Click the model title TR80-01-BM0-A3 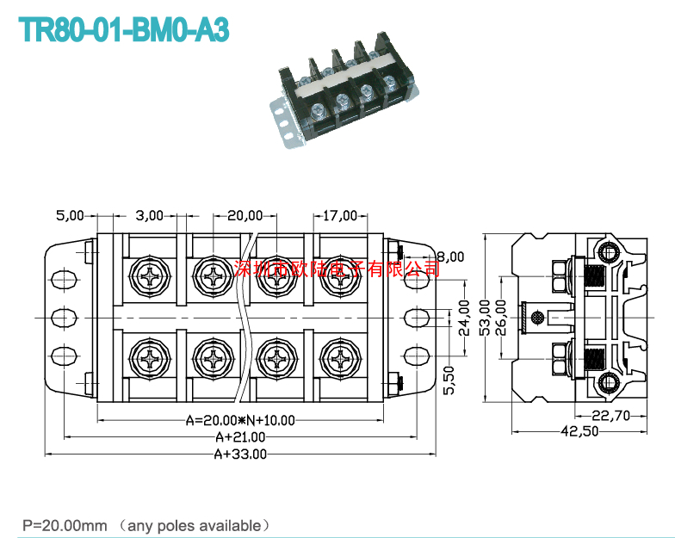(124, 30)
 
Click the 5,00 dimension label (70, 215)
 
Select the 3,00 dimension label (150, 215)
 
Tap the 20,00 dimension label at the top (245, 215)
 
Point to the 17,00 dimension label (340, 215)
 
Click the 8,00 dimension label (451, 257)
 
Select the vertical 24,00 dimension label (464, 318)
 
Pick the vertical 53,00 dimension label (485, 318)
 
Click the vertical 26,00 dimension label (501, 318)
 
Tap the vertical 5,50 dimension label (449, 380)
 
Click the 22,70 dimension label (611, 416)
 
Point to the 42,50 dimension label (579, 430)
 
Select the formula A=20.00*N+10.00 (240, 420)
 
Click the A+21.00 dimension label (240, 437)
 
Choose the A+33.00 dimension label (240, 455)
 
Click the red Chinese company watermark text (337, 269)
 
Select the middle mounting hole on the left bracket (64, 318)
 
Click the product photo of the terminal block (344, 90)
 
